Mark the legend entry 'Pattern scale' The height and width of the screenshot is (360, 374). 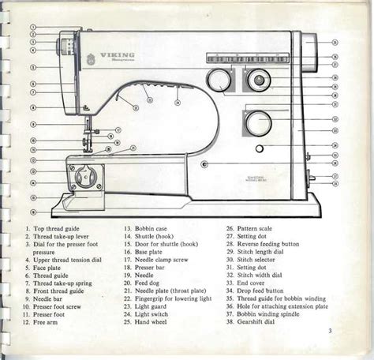261,227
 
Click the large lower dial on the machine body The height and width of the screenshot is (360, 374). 256,122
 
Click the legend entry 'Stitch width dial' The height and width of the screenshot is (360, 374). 264,275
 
